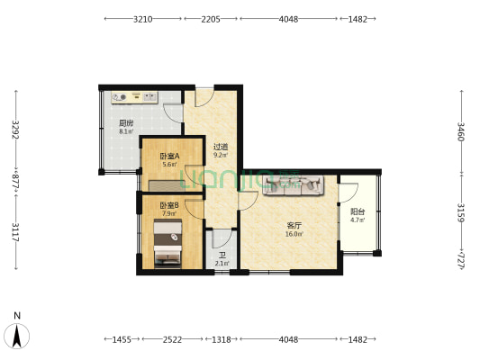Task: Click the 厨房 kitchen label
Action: [126, 123]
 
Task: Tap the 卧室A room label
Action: [169, 157]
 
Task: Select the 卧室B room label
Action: [169, 205]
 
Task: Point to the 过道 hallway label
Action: [221, 147]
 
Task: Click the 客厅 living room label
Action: [294, 226]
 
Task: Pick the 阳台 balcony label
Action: [358, 211]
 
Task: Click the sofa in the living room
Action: [294, 185]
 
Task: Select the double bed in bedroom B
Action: [168, 244]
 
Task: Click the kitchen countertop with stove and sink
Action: [135, 97]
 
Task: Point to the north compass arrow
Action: [17, 336]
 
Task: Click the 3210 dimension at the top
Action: [143, 19]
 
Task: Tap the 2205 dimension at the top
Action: [211, 19]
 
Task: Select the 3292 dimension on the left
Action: [15, 130]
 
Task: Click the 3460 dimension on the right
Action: [461, 131]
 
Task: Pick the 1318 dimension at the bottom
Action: [222, 339]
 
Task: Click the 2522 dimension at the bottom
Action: [172, 339]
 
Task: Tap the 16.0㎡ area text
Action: [294, 234]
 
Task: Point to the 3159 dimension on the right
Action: [461, 212]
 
